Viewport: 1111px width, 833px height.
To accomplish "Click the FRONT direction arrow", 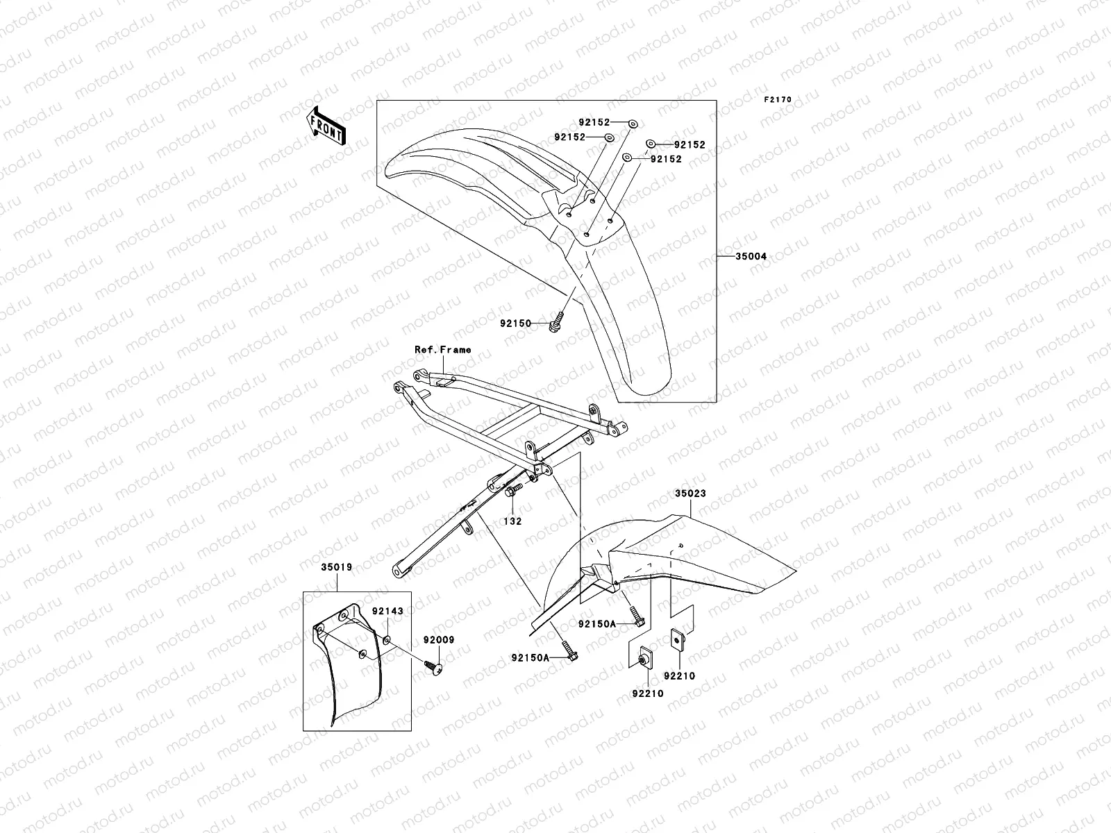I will [328, 124].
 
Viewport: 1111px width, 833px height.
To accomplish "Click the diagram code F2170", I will [778, 99].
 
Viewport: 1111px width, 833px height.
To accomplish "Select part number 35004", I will [751, 256].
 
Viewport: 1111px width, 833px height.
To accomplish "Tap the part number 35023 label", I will [690, 494].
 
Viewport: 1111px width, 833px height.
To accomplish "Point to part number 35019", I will [336, 567].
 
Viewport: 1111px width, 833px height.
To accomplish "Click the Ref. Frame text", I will [442, 349].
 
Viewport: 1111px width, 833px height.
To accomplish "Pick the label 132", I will [512, 521].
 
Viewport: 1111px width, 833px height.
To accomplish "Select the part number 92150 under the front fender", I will [515, 323].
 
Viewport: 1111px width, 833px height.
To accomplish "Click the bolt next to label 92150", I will [557, 321].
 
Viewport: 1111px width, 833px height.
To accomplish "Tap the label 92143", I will [387, 611].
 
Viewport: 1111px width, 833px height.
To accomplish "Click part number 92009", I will [437, 641].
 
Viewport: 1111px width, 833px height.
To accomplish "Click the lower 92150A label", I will [531, 657].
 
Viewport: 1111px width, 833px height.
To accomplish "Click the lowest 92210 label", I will [647, 693].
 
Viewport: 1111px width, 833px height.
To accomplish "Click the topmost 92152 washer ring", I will [633, 123].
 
